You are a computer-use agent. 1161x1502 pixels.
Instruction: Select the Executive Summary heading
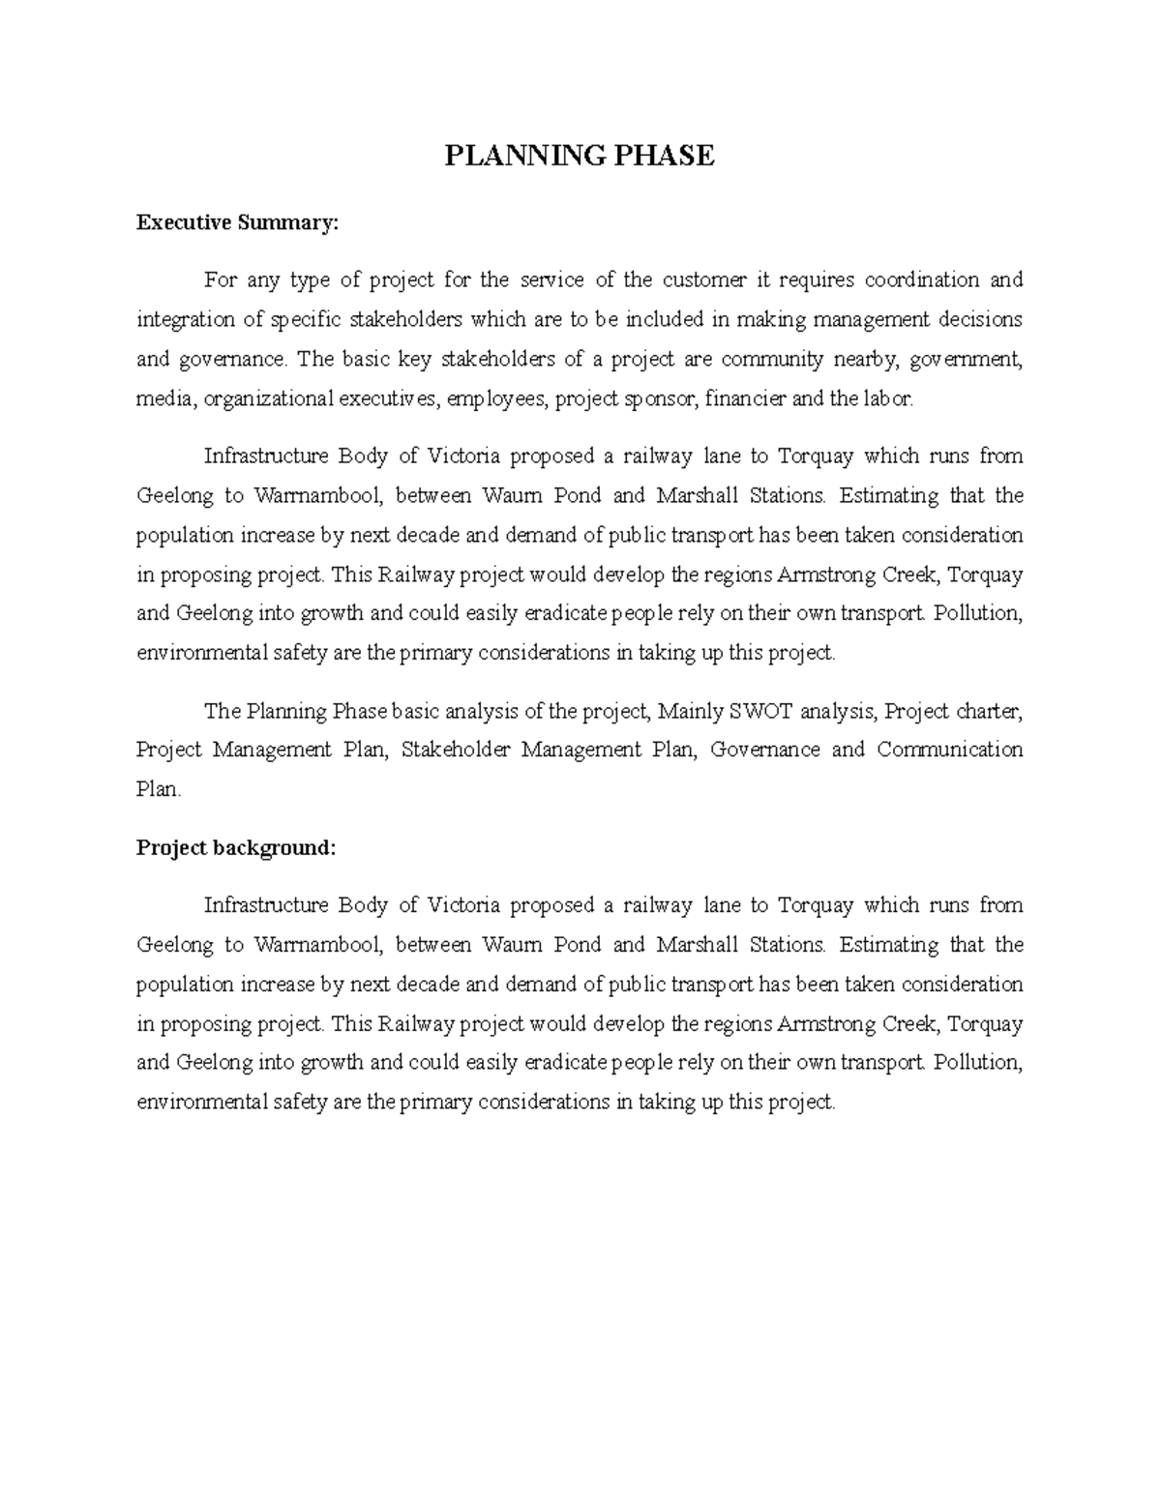[x=238, y=223]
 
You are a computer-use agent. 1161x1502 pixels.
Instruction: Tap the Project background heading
[x=236, y=848]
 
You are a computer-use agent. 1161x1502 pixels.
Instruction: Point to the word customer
[x=704, y=280]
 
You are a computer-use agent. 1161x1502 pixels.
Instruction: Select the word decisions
[x=979, y=320]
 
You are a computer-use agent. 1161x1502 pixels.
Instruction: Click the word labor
[x=886, y=399]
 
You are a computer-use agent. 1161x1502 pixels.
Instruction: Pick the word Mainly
[x=690, y=712]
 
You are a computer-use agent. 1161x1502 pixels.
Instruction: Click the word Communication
[x=949, y=751]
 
